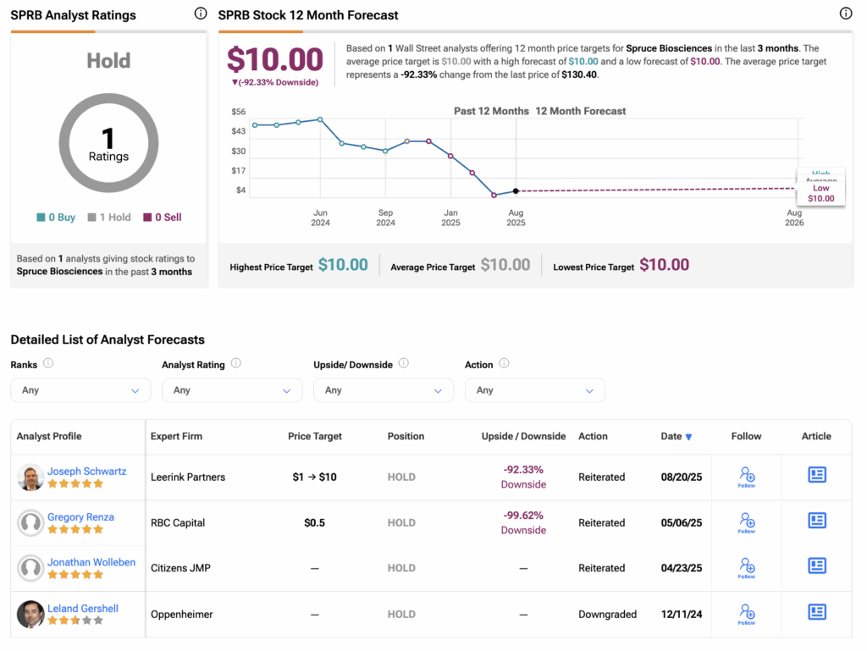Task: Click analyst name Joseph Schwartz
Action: click(86, 472)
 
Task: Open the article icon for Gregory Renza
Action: click(816, 521)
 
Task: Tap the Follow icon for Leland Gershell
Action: click(747, 613)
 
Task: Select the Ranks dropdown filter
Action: click(80, 390)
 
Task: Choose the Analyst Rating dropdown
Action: click(232, 390)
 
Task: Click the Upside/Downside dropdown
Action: click(383, 390)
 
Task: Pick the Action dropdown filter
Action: click(534, 390)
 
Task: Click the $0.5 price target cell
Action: click(314, 523)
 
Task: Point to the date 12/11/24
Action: click(681, 615)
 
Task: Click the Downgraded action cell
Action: click(607, 615)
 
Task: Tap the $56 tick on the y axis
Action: click(238, 112)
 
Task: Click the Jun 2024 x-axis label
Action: click(320, 218)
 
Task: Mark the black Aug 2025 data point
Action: click(516, 190)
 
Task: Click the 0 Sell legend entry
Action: click(162, 218)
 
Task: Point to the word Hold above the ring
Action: click(108, 61)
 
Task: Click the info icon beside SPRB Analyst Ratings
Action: click(200, 14)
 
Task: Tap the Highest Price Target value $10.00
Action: click(343, 266)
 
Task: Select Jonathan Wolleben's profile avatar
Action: click(30, 569)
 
